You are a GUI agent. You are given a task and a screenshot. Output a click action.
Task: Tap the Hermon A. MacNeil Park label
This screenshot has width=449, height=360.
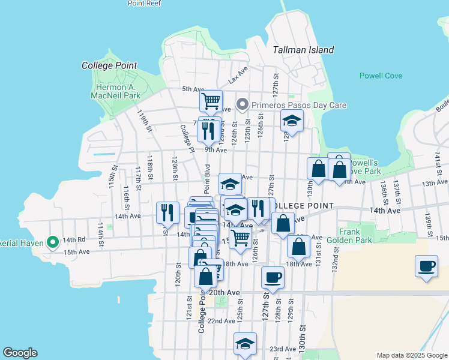[118, 91]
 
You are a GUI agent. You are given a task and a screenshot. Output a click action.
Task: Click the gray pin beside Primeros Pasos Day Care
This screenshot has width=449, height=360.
[243, 105]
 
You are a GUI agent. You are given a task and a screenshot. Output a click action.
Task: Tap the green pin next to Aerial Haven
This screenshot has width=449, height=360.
[53, 242]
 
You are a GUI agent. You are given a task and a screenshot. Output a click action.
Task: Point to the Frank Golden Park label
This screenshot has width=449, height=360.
[349, 236]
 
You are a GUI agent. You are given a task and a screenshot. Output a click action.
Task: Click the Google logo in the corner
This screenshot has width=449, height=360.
[20, 353]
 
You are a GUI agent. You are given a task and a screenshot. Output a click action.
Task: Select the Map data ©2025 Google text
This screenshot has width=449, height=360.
[411, 355]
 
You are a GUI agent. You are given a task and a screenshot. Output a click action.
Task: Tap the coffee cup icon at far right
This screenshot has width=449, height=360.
[426, 266]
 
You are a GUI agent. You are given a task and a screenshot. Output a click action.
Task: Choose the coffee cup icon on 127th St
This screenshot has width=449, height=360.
[273, 278]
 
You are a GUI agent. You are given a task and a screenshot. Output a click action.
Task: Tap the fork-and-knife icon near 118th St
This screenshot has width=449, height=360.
[167, 212]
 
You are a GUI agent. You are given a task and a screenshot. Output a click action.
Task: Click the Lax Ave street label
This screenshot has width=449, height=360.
[238, 76]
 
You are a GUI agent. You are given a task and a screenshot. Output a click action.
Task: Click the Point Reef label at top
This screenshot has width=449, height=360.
[143, 4]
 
